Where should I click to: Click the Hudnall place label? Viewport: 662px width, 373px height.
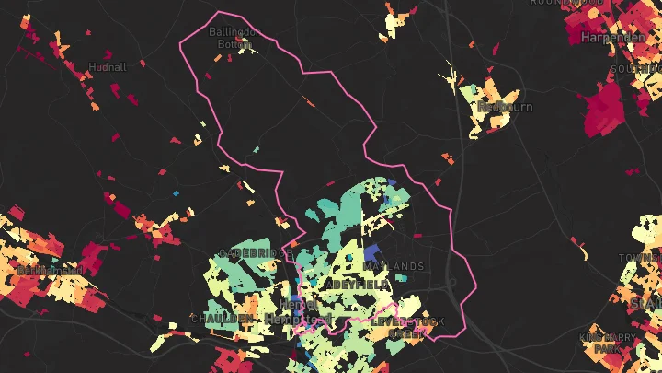(108, 68)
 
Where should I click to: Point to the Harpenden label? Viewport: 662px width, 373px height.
(611, 39)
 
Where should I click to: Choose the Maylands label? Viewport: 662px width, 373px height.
(394, 266)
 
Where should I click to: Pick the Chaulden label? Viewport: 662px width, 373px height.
(222, 318)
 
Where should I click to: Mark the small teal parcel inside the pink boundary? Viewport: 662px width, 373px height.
(256, 149)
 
